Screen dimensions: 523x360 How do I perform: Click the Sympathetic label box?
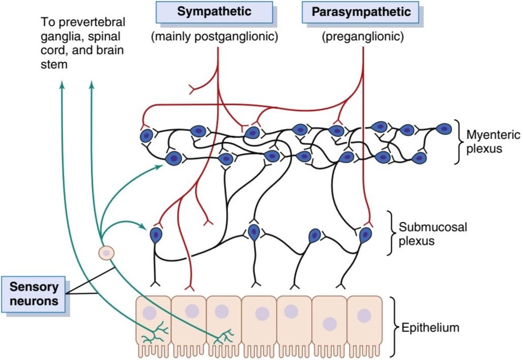click(214, 12)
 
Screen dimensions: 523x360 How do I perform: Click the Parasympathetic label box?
click(360, 12)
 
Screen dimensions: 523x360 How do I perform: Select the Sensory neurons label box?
click(33, 294)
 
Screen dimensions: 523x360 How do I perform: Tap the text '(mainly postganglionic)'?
click(214, 36)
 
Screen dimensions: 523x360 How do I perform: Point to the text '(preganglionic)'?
click(363, 36)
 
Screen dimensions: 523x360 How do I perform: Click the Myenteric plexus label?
click(493, 142)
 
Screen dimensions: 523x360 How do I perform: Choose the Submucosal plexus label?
click(433, 234)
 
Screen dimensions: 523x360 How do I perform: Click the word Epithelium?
click(430, 327)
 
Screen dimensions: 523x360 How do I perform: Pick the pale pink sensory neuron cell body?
click(107, 253)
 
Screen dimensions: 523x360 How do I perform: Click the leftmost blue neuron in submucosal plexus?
click(156, 235)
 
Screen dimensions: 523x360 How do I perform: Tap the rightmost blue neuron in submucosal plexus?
click(365, 235)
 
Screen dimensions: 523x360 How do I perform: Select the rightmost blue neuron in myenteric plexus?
click(443, 128)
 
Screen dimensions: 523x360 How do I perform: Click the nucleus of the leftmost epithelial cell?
click(150, 313)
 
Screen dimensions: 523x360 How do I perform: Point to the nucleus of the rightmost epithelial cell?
click(364, 316)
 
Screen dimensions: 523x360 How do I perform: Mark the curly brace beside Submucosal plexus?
click(390, 233)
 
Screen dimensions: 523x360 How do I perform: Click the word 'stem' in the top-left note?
click(54, 64)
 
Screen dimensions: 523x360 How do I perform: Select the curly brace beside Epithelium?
click(394, 327)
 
